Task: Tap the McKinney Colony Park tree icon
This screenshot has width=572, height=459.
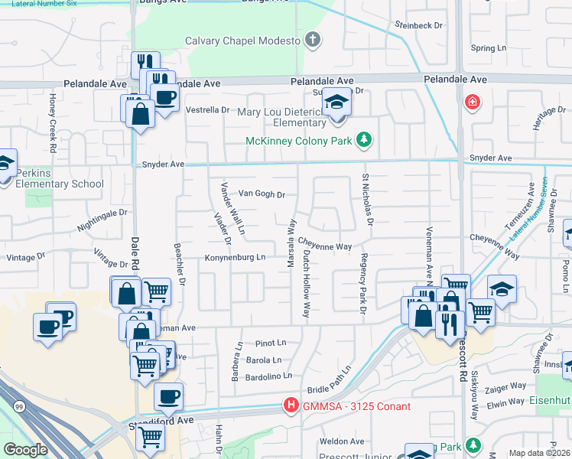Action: pos(366,140)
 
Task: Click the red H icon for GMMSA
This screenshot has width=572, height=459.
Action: pos(291,405)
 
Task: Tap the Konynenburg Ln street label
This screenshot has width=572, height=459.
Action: pos(235,258)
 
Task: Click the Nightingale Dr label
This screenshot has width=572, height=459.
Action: pos(101,220)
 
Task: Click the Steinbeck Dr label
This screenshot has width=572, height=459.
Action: pos(419,25)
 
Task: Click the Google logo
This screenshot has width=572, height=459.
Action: pos(26,450)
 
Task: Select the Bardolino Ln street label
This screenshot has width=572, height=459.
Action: pos(268,376)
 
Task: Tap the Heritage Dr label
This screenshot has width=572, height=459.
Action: pos(544,119)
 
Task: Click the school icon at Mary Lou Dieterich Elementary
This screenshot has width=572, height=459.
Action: pos(335,101)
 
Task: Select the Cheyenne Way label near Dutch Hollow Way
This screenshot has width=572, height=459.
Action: pos(330,246)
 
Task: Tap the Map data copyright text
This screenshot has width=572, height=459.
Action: pos(540,453)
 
